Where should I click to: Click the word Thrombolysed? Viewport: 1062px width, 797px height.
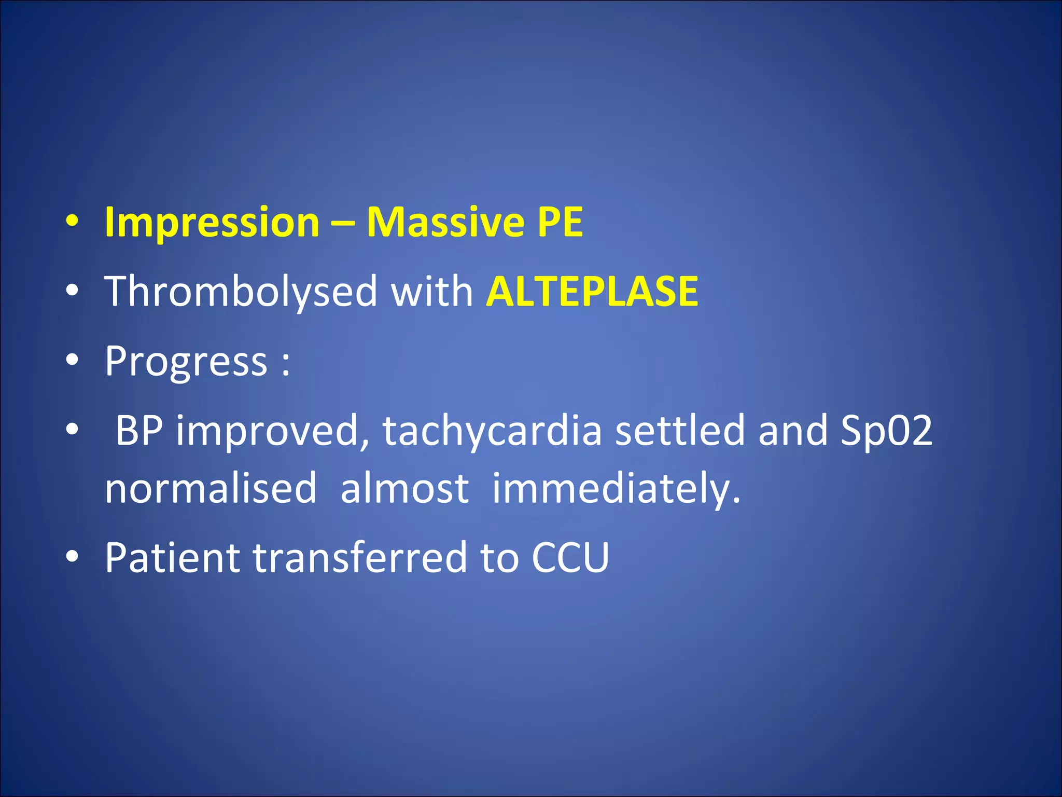241,292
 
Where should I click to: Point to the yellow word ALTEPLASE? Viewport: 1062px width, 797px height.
592,292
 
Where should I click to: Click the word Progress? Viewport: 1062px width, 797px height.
186,362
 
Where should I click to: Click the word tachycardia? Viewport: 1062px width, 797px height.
492,431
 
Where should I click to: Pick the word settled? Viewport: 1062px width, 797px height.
680,430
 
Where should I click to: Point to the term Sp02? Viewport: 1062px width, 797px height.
886,431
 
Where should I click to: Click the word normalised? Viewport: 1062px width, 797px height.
211,488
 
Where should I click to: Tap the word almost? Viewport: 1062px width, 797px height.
404,488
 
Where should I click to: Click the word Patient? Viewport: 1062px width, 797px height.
172,558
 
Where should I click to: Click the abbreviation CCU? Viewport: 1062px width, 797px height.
570,558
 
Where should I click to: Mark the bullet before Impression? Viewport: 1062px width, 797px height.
72,222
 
